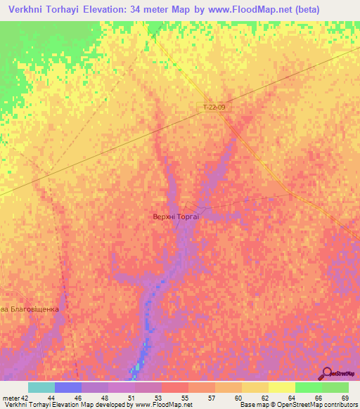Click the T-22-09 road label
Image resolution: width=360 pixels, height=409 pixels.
click(x=214, y=108)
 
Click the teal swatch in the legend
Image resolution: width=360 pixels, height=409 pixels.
click(x=41, y=387)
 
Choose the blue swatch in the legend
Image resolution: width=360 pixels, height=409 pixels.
click(x=68, y=387)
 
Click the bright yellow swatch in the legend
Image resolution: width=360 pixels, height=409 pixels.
click(x=281, y=387)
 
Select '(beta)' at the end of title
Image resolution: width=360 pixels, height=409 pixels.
click(x=287, y=10)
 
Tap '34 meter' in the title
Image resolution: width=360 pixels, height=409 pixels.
click(x=173, y=10)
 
